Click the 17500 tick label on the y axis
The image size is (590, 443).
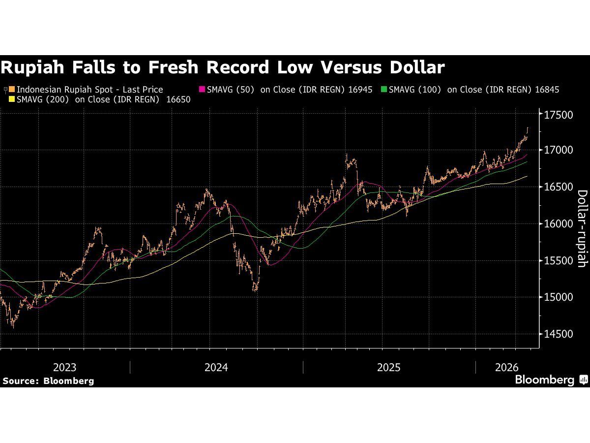tap(560, 115)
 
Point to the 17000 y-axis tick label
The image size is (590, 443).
tap(560, 150)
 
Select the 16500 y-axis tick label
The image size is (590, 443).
tap(560, 187)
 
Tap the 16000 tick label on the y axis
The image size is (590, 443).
tap(560, 223)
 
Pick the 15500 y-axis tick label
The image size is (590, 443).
tap(560, 260)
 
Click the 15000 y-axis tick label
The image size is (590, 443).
tap(560, 297)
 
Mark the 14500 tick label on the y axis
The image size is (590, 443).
tap(560, 334)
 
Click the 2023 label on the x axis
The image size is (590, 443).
tap(64, 367)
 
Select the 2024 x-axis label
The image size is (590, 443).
tap(216, 367)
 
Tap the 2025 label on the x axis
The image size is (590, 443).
tap(389, 367)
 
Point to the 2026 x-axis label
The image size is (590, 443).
tap(507, 367)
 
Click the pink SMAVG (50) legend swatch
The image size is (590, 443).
tap(202, 90)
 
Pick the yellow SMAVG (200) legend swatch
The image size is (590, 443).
tap(12, 99)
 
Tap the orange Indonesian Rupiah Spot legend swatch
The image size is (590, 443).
tap(12, 90)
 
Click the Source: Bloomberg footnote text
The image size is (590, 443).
tap(48, 380)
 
